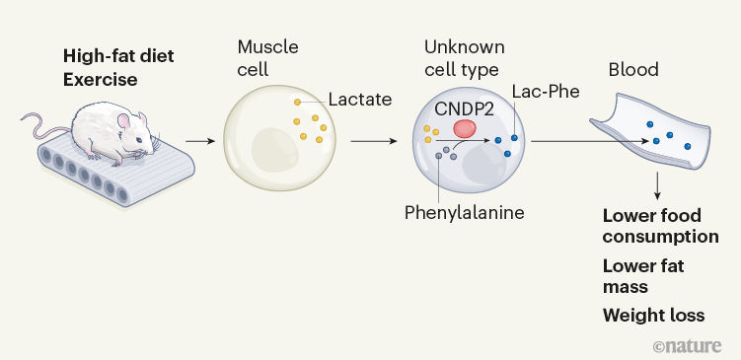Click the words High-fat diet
coord(118,55)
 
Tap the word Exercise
coord(101,79)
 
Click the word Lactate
coord(361,100)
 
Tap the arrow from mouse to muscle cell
coord(200,141)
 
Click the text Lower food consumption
coord(659,226)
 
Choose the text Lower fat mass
coord(643,275)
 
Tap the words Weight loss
coord(654,316)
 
